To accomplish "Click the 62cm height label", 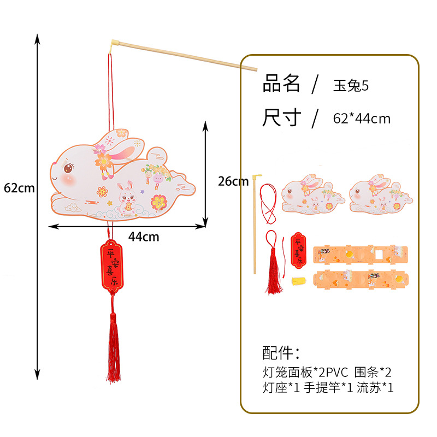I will [x=19, y=188].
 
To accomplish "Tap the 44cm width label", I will [x=144, y=237].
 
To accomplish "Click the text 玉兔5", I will [x=351, y=86].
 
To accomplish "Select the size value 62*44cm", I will [x=362, y=118].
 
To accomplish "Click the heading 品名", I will [x=281, y=84].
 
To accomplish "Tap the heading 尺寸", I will [x=281, y=117].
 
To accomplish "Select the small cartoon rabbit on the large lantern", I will [x=126, y=196].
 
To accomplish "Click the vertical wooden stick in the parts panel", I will [x=255, y=224].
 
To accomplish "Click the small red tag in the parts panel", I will [x=298, y=251].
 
